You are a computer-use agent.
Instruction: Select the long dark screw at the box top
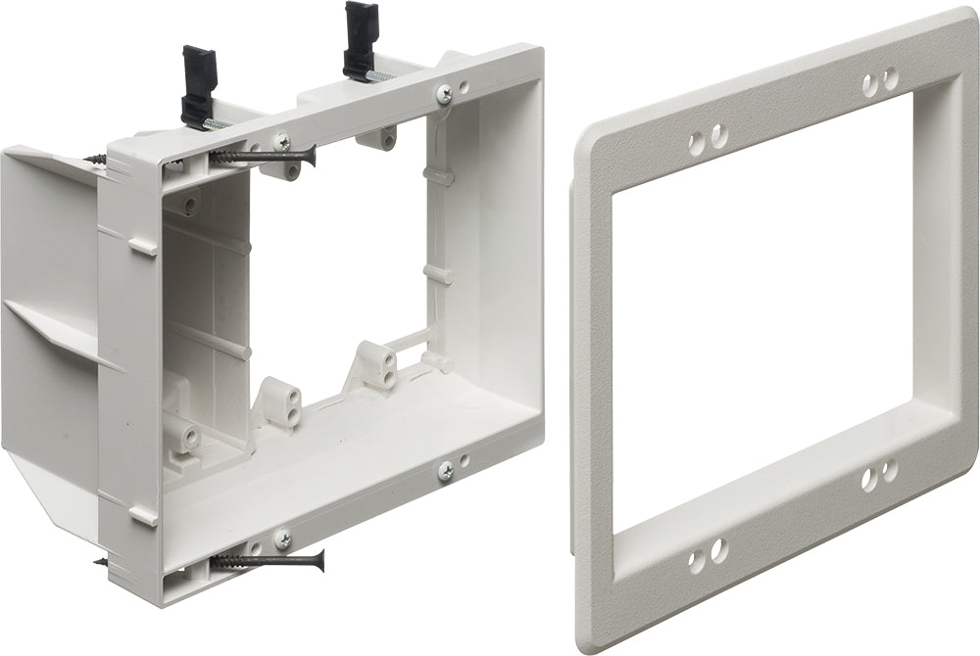pyautogui.click(x=262, y=155)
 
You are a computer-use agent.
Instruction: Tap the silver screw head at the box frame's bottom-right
pyautogui.click(x=446, y=471)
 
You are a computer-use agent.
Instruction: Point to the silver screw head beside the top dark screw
pyautogui.click(x=281, y=142)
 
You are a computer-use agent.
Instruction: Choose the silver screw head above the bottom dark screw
pyautogui.click(x=282, y=538)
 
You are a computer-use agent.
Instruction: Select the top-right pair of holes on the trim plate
pyautogui.click(x=880, y=80)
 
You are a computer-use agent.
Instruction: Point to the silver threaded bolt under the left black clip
pyautogui.click(x=218, y=124)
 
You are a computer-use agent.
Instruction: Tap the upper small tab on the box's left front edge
pyautogui.click(x=142, y=246)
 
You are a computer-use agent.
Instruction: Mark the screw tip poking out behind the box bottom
pyautogui.click(x=101, y=562)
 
